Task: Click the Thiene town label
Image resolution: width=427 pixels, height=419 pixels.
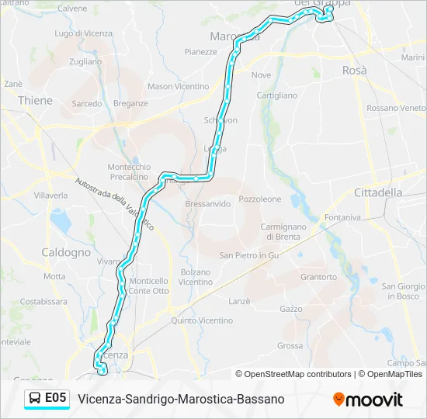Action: pyautogui.click(x=35, y=100)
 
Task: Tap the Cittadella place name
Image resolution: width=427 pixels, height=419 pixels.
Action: pyautogui.click(x=378, y=192)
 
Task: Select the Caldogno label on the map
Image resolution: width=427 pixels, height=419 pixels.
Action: pyautogui.click(x=66, y=252)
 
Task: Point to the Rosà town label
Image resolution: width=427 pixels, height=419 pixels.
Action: pyautogui.click(x=354, y=70)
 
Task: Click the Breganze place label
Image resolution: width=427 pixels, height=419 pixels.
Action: pyautogui.click(x=130, y=103)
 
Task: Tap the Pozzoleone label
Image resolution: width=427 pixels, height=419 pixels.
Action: pyautogui.click(x=261, y=199)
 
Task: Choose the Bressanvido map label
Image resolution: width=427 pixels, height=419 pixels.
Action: pyautogui.click(x=208, y=204)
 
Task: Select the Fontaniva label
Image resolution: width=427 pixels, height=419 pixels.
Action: pyautogui.click(x=343, y=217)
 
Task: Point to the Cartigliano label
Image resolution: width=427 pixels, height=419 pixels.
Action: pyautogui.click(x=277, y=95)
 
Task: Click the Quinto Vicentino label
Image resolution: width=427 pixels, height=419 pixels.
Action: pyautogui.click(x=202, y=320)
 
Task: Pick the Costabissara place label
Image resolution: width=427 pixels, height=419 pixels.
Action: pyautogui.click(x=43, y=301)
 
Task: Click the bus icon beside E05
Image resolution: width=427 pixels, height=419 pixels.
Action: pyautogui.click(x=36, y=398)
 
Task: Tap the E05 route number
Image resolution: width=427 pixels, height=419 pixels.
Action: pyautogui.click(x=56, y=398)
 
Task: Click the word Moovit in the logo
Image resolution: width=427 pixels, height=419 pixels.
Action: pyautogui.click(x=375, y=400)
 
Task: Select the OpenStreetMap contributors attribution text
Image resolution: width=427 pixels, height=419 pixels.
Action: pyautogui.click(x=297, y=374)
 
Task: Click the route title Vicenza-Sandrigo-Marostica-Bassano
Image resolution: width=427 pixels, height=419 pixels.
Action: pyautogui.click(x=181, y=399)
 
